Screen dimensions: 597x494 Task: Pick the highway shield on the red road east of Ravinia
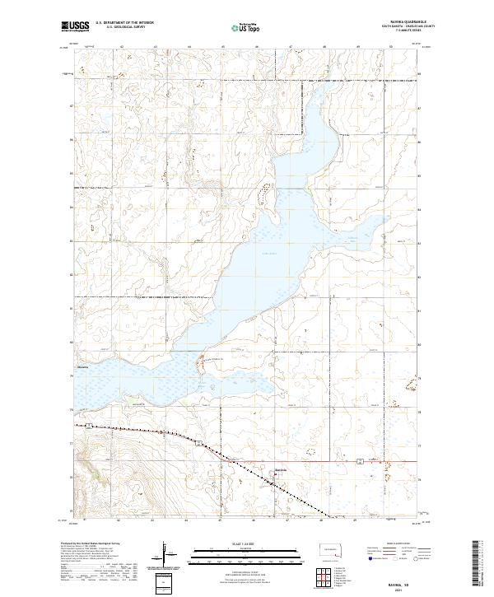359,462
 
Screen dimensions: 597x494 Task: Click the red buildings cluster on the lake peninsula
200,360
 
